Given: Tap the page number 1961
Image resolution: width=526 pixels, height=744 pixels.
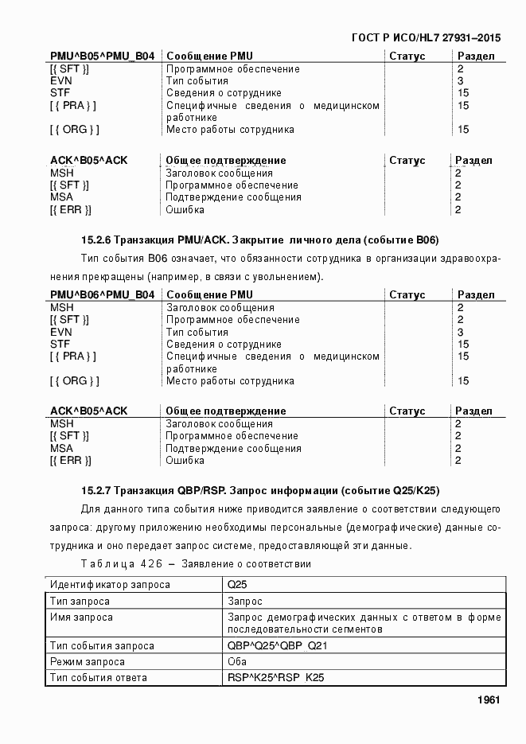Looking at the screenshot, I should tap(488, 700).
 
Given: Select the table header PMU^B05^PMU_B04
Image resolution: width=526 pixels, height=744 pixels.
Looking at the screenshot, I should tap(102, 56).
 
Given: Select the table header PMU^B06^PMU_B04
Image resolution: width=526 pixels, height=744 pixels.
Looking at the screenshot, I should tap(102, 295).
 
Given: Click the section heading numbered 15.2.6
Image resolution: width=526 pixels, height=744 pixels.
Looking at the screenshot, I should tap(260, 240).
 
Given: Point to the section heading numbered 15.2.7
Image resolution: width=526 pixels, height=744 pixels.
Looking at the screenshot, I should tap(260, 490).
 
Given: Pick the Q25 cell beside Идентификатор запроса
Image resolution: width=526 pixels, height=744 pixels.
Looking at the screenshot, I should tap(236, 585).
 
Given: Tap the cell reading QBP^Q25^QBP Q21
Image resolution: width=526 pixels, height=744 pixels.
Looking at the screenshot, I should tap(276, 646).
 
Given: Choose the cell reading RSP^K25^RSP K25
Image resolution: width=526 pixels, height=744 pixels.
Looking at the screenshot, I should tap(275, 678).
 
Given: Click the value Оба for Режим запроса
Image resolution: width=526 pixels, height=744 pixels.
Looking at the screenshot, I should tap(237, 662).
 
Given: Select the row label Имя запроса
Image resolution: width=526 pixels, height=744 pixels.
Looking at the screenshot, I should tap(81, 617).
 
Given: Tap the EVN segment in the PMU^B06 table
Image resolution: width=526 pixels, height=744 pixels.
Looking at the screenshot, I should tap(61, 332).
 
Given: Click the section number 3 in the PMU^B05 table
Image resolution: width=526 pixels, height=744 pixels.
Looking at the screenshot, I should tap(460, 81).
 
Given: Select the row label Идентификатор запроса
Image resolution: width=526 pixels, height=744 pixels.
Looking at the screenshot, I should tap(110, 585).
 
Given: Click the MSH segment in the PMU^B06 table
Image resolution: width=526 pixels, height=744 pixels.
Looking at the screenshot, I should tap(62, 308).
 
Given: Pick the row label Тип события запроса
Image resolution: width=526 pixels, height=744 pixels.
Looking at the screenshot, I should tap(102, 646).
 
